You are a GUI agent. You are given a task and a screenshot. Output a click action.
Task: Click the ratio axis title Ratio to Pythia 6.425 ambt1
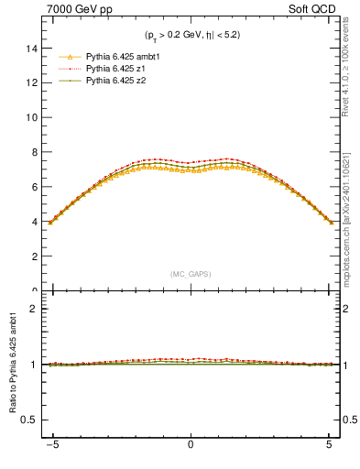[x=13, y=364]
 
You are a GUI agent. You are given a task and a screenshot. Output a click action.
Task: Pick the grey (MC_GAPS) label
[x=191, y=274]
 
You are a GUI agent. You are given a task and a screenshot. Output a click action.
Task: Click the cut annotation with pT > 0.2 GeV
[x=191, y=35]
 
